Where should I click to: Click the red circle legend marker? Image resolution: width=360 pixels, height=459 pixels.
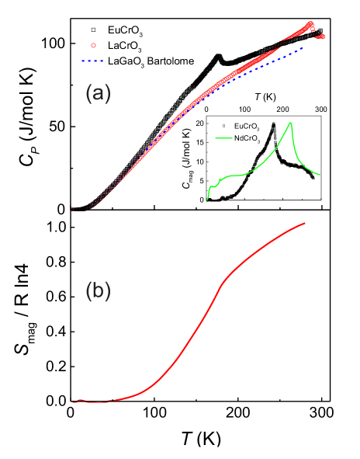pos(93,46)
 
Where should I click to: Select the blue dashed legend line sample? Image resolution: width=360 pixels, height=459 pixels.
pos(92,61)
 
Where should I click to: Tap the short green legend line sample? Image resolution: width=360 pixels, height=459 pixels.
pos(224,138)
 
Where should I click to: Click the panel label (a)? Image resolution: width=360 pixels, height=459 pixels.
pos(98,95)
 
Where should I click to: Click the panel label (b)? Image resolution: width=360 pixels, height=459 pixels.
pos(98,291)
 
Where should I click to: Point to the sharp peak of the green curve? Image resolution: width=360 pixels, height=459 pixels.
pos(291,123)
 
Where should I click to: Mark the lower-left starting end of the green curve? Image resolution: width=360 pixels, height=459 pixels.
pos(208,200)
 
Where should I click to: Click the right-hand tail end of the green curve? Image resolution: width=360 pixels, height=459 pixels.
pos(321,176)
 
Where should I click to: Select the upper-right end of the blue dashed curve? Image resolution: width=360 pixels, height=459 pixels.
pos(303,46)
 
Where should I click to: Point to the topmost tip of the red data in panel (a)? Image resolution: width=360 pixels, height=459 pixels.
pos(311,23)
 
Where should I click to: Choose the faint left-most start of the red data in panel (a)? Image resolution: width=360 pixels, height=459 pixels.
pos(71,209)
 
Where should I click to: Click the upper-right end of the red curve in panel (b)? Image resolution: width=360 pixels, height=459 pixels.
pos(305,224)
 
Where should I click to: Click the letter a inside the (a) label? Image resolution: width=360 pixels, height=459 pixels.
pos(98,96)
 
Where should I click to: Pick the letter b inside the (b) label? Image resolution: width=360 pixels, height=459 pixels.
pos(98,291)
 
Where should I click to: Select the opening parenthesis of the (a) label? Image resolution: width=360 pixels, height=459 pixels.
pos(88,95)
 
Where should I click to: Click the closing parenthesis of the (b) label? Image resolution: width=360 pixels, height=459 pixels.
pos(108,291)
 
